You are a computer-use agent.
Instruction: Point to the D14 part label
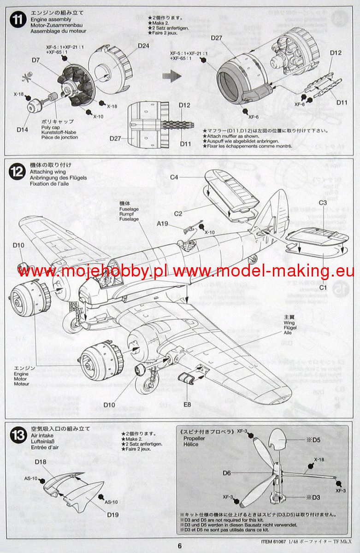[23, 129]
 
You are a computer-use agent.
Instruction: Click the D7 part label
[36, 60]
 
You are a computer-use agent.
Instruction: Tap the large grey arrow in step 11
[173, 76]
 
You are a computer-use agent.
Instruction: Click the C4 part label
[174, 177]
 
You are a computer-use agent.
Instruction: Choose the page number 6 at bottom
[180, 546]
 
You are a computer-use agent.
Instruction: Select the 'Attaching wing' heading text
[47, 171]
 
